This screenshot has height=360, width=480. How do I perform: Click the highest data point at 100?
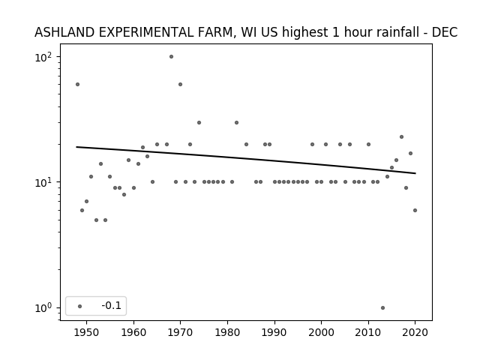[171, 57]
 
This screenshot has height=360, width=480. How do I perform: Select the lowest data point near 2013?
[382, 307]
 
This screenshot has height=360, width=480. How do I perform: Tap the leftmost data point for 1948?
[77, 84]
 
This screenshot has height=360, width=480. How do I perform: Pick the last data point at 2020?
[415, 210]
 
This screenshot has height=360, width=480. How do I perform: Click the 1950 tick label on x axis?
[87, 332]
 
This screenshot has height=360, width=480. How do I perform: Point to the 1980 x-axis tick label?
[227, 332]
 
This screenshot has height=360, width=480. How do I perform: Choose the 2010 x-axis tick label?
[368, 332]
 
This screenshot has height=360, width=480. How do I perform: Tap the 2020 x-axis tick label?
[415, 332]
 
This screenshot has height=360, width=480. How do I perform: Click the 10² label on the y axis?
[43, 57]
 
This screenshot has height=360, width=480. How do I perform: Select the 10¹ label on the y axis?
[43, 182]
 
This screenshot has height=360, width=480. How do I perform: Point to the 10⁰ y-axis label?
[43, 308]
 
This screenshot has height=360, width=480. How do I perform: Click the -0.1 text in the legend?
[112, 305]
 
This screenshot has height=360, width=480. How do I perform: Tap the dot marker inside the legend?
[80, 306]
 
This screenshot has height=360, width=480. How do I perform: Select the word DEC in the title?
[445, 32]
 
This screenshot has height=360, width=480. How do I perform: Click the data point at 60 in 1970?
[180, 84]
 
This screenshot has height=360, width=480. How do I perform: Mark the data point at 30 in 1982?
[237, 122]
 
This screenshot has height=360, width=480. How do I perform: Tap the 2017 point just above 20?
[402, 136]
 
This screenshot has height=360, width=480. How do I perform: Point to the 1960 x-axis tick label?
[133, 332]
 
